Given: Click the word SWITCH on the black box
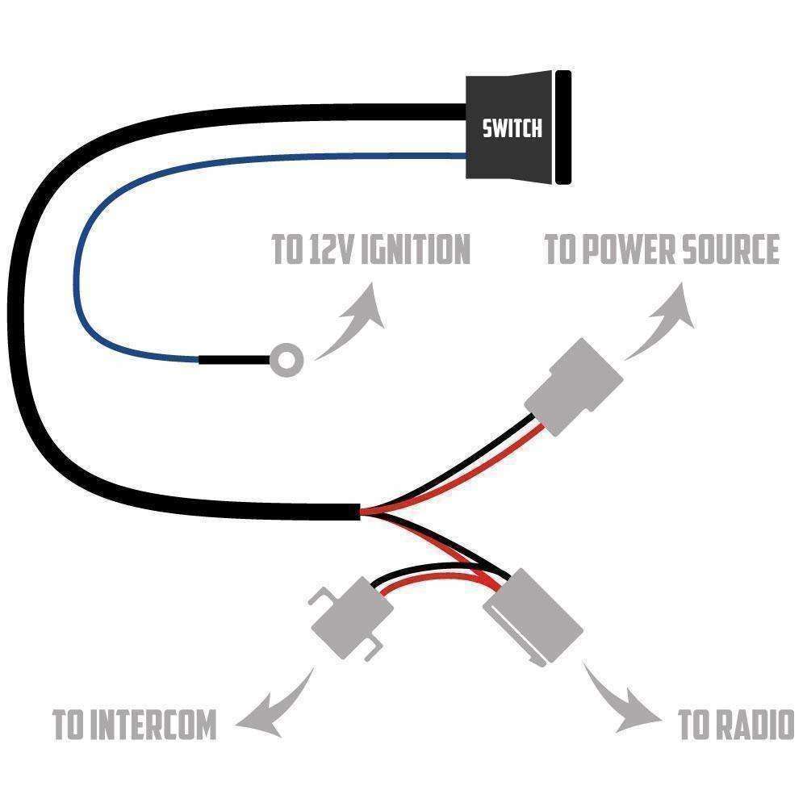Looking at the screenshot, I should pyautogui.click(x=512, y=128).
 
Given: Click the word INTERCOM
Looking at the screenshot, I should pyautogui.click(x=153, y=725).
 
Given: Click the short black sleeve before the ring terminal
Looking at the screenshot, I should pyautogui.click(x=234, y=359).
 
